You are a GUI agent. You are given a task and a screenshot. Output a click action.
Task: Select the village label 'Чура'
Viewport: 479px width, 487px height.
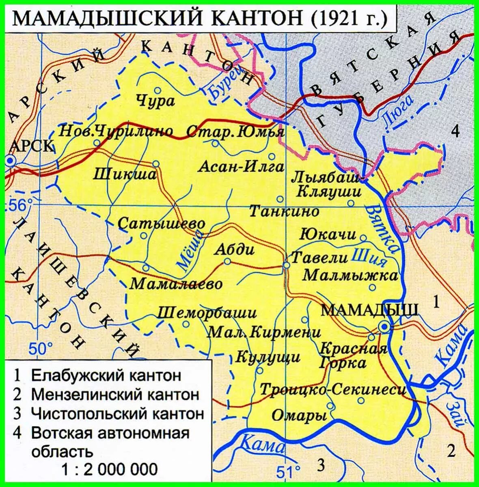tap(155, 101)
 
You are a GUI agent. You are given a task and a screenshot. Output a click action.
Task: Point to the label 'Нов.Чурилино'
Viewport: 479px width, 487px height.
tap(116, 131)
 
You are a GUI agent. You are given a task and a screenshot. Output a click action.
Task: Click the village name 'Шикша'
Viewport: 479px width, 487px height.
tap(125, 175)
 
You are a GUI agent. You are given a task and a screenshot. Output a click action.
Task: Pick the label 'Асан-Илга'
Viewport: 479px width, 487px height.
tap(241, 166)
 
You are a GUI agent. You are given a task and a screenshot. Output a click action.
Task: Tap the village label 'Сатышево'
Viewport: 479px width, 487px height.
tap(162, 224)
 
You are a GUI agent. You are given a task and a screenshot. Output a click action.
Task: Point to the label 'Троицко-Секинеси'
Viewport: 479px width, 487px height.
tap(333, 390)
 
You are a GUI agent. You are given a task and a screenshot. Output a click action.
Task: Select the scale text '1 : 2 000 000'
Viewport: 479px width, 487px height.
tap(109, 470)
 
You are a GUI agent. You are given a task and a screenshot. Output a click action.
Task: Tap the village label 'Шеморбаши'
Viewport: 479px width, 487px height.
tap(207, 313)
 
